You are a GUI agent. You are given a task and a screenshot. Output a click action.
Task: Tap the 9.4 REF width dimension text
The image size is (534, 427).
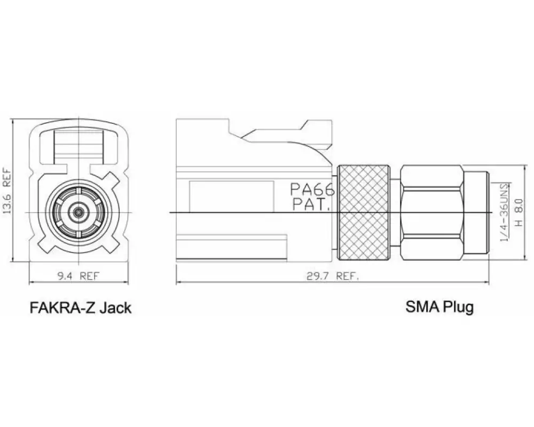point(77,276)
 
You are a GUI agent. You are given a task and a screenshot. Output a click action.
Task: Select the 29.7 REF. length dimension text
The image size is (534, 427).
point(333,276)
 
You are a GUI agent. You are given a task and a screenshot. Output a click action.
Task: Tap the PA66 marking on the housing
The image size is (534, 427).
point(312,189)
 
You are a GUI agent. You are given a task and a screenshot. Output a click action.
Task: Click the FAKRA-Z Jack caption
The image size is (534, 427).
point(81,307)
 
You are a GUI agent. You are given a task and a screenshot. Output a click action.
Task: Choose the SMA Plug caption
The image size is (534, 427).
point(439,307)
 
